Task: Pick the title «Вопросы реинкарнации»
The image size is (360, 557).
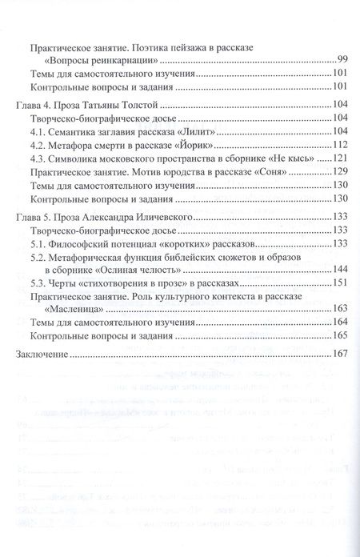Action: pyautogui.click(x=101, y=61)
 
